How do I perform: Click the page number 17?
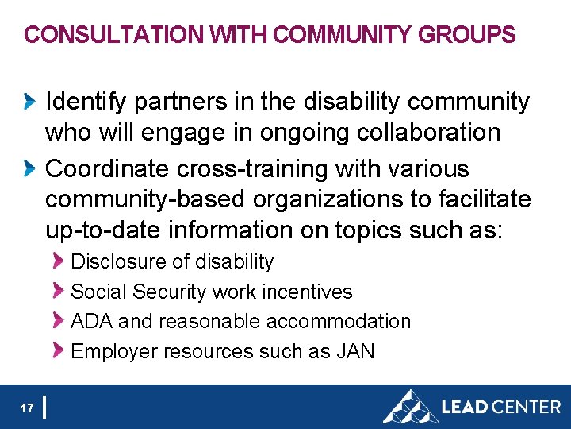coord(27,408)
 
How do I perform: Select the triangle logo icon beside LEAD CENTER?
coord(409,407)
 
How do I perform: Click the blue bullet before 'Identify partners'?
coord(30,102)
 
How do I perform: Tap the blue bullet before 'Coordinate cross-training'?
coord(30,169)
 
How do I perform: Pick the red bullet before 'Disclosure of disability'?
coord(59,261)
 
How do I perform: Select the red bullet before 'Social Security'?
coord(59,292)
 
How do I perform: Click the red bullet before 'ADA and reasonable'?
coord(59,321)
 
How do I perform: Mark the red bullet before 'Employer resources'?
coord(59,351)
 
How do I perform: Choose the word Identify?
coord(86,102)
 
